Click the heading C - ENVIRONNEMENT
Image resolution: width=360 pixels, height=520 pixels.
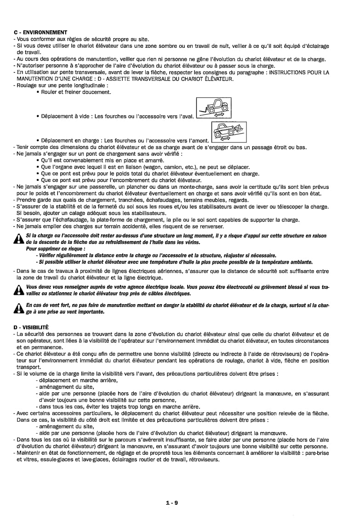40,32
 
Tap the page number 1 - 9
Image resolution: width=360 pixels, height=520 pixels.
172,503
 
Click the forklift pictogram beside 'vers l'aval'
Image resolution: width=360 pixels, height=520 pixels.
213,108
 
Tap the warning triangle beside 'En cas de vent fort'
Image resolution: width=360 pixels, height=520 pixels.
19,309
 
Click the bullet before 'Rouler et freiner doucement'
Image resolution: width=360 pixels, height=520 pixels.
37,92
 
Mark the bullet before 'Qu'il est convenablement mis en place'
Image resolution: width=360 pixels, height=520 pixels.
37,160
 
